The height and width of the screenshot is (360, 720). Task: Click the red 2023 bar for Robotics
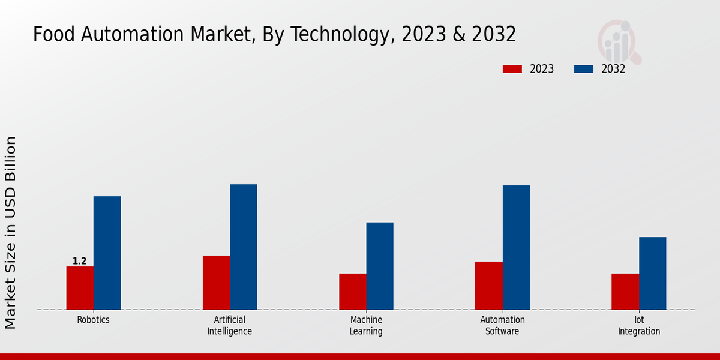pos(80,288)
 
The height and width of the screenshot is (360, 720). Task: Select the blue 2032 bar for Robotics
pos(107,253)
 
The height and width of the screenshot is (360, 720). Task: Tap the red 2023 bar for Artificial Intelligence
pos(216,283)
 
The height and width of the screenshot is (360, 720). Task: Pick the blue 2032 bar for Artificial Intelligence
pos(243,247)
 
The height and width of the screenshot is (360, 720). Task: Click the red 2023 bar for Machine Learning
pos(352,292)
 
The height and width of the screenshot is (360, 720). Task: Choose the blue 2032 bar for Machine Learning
pos(380,266)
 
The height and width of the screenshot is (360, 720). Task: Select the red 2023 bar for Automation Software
pos(488,286)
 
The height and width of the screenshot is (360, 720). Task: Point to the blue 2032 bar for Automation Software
pos(516,247)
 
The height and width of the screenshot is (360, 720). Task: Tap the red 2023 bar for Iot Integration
pos(625,292)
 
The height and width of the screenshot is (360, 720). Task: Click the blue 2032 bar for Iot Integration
pos(652,273)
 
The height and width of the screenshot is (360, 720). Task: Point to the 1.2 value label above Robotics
pos(80,261)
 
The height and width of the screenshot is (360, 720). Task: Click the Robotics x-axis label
pos(93,320)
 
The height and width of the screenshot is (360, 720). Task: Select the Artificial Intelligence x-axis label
pos(230,325)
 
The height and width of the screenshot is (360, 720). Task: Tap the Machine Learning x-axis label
pos(366,325)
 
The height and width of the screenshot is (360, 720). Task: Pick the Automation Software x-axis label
pos(502,325)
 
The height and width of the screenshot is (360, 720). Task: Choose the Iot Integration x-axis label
pos(639,325)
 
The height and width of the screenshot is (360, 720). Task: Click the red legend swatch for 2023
pos(512,69)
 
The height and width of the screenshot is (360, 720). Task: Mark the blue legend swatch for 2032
pos(583,69)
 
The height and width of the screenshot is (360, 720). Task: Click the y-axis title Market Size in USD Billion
pos(11,232)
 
